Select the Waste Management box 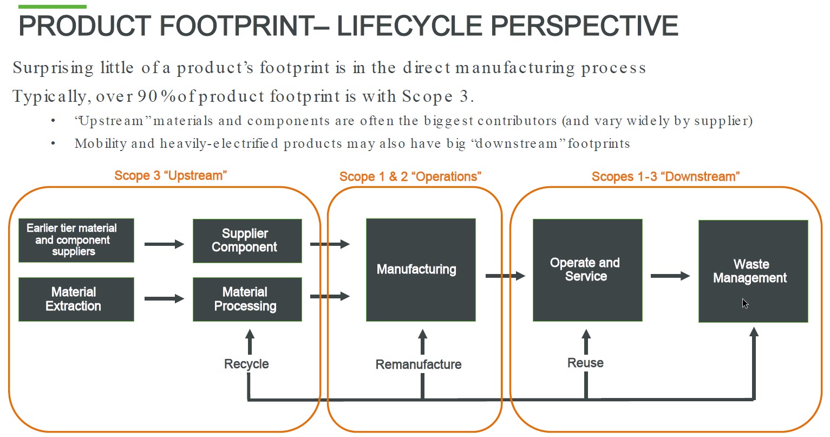[753, 271]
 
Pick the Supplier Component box [247, 240]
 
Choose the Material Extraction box [76, 299]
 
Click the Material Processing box [247, 299]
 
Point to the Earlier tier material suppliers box [76, 240]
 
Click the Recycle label [246, 364]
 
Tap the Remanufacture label [419, 364]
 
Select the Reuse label [585, 363]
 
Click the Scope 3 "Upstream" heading [171, 175]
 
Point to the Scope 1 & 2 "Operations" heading [410, 177]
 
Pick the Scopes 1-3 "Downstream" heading [665, 177]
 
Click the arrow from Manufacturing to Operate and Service [505, 276]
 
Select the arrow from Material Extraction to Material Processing [164, 298]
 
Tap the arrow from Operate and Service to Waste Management [670, 276]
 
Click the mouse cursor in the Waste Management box [745, 303]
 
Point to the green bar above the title [53, 6]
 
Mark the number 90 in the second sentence [147, 96]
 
